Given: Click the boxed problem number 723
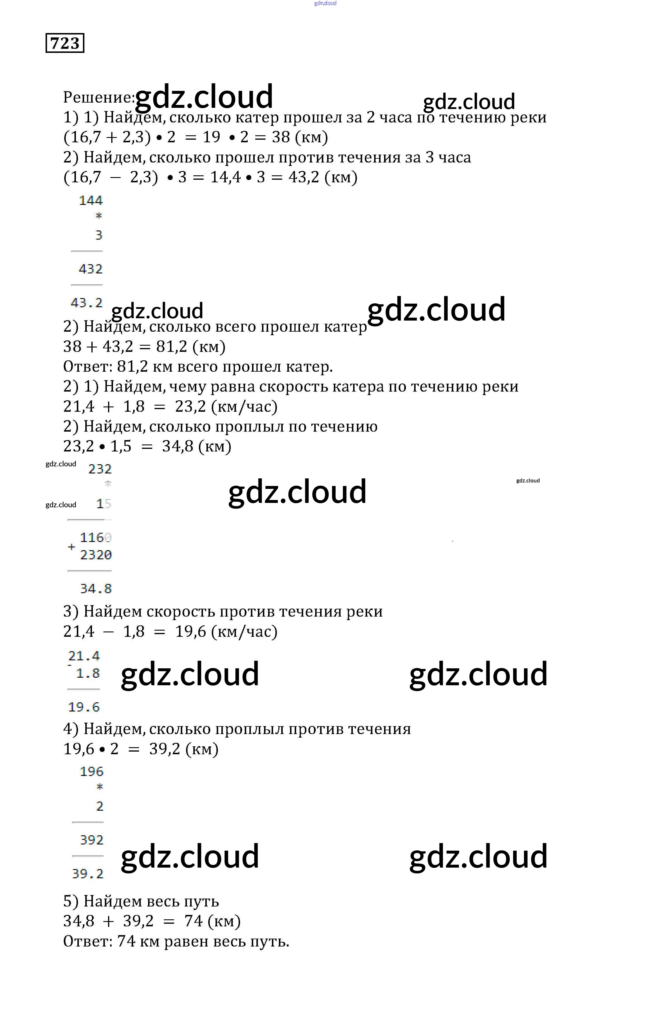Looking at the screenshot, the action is (x=65, y=43).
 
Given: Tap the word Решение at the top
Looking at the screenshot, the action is (x=98, y=98).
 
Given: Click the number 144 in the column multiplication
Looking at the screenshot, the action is (x=91, y=200).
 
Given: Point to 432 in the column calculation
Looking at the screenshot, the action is (x=91, y=269).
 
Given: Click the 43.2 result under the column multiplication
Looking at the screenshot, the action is (x=87, y=303).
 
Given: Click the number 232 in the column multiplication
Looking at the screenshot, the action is (x=100, y=469).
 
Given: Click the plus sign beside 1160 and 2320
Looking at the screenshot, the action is (x=72, y=547).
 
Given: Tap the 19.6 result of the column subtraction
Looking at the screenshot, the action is (x=84, y=707).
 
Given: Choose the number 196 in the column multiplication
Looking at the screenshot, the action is (x=92, y=772).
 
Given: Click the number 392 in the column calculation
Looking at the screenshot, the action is (x=92, y=840).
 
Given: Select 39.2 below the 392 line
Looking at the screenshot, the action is (x=88, y=873).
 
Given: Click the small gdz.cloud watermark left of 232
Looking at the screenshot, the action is (x=61, y=464).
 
